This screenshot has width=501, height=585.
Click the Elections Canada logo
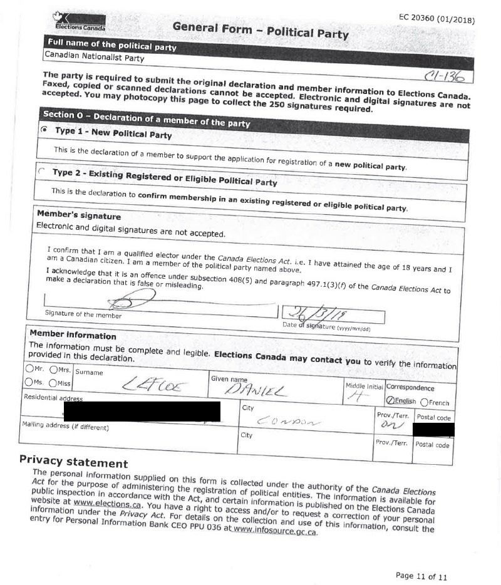coord(80,24)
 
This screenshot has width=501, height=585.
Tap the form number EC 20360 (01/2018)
coord(436,19)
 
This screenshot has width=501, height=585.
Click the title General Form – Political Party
coord(260,29)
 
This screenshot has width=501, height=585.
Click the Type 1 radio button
coord(43,130)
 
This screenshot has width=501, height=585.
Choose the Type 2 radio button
coord(41,170)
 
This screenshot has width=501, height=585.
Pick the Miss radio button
coord(53,383)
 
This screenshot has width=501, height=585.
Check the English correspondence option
coord(391,401)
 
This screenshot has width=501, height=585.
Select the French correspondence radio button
coord(425,402)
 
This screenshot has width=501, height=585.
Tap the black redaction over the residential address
coord(142,412)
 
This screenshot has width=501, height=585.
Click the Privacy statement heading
coord(74,462)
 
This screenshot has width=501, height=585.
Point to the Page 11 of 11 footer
coord(421,576)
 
